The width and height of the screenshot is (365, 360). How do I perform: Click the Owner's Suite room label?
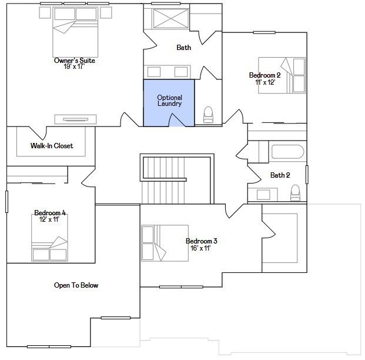point(75,61)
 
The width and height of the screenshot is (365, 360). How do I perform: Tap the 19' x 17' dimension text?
point(74,66)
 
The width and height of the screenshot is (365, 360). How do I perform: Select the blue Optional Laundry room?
point(169,103)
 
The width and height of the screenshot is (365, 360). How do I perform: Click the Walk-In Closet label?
point(52,146)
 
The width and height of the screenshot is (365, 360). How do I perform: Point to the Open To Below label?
point(76,285)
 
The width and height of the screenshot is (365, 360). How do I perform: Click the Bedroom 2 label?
point(265,75)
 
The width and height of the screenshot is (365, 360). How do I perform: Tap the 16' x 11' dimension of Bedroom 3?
point(200,248)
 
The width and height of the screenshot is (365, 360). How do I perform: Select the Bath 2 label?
point(280,175)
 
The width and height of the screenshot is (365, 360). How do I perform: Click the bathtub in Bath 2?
point(288,152)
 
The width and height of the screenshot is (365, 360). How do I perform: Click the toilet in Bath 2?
point(296,193)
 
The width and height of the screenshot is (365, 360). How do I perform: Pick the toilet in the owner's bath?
point(208,115)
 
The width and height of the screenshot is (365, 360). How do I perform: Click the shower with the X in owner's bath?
point(170,19)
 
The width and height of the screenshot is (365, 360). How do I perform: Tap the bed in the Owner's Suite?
point(75,32)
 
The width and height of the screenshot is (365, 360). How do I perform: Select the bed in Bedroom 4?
point(49,238)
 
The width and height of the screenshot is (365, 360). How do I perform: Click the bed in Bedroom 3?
point(165,243)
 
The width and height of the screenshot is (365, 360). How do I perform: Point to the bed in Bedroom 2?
point(282,75)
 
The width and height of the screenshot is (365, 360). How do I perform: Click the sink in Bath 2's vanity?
point(263,195)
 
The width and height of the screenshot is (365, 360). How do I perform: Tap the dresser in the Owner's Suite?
point(75,119)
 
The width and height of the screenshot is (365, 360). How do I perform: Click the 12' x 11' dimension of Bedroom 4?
point(49,219)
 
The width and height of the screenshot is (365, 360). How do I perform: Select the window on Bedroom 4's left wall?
point(6,202)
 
